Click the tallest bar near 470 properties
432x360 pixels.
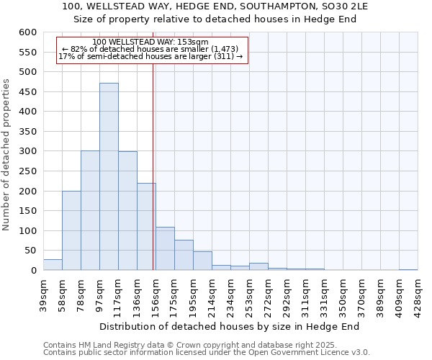pyautogui.click(x=109, y=176)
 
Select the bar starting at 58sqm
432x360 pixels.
pyautogui.click(x=71, y=230)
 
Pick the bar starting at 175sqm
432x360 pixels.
pyautogui.click(x=184, y=255)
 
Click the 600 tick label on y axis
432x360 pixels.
pyautogui.click(x=27, y=32)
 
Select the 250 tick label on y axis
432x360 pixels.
pyautogui.click(x=27, y=171)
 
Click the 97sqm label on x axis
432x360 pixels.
pyautogui.click(x=99, y=292)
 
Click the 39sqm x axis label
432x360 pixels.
pyautogui.click(x=43, y=292)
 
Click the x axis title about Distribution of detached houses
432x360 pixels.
pyautogui.click(x=229, y=326)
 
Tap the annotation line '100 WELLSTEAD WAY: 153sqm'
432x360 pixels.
pyautogui.click(x=150, y=42)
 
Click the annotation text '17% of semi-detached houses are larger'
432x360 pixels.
pyautogui.click(x=150, y=56)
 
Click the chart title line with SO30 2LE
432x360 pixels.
pyautogui.click(x=215, y=6)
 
